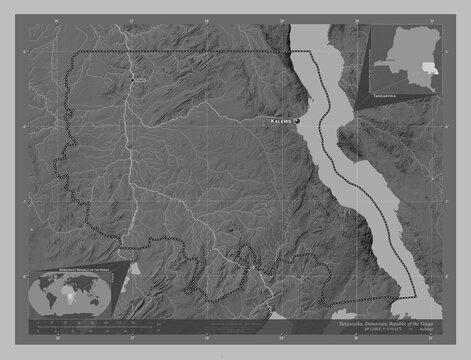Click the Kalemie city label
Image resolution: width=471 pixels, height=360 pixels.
tap(280, 121)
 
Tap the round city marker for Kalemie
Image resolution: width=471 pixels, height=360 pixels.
tap(298, 120)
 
